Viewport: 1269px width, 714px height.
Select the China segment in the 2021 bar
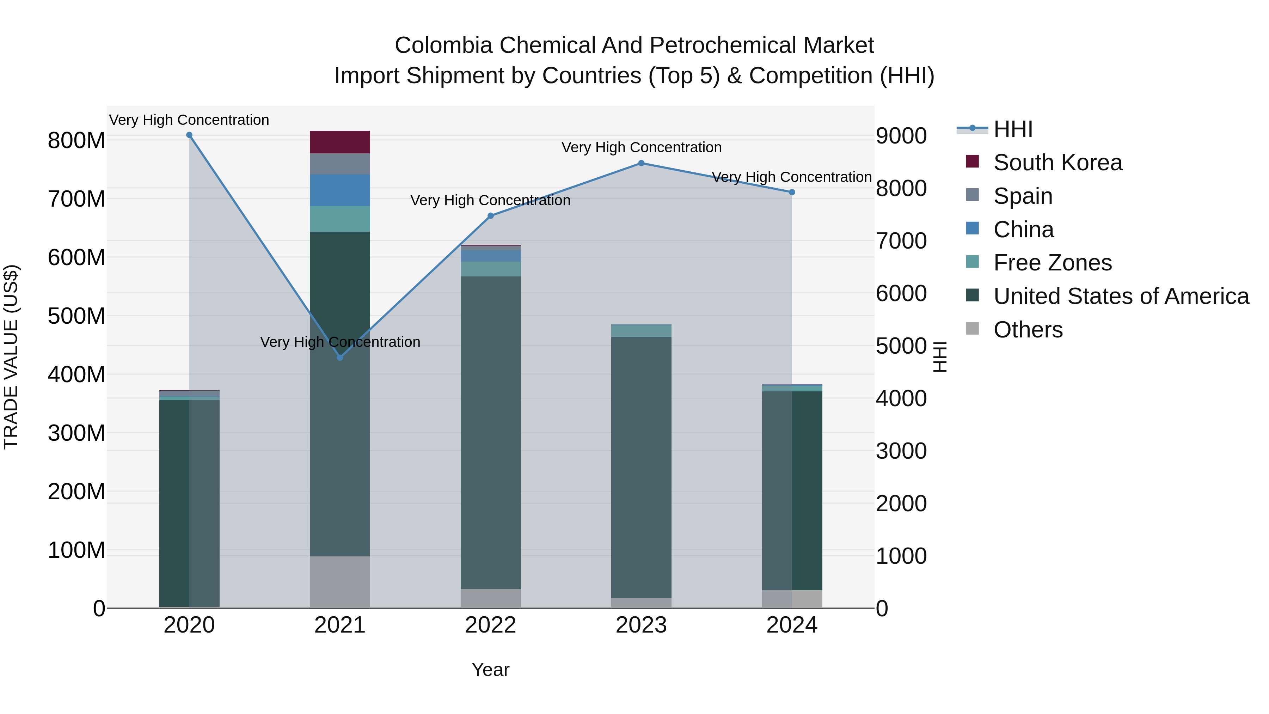tap(339, 190)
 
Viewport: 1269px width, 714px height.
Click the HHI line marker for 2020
tap(189, 135)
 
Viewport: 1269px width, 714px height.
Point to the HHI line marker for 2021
tap(340, 357)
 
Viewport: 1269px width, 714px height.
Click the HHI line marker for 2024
tap(792, 192)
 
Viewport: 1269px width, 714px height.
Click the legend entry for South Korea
tap(1057, 163)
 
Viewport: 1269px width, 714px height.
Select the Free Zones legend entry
tap(1052, 263)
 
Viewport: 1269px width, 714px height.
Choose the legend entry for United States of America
tap(1121, 296)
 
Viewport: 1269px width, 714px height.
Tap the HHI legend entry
tap(1012, 129)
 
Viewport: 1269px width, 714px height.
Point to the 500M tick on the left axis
tap(76, 316)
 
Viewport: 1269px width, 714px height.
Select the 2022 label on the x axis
tap(490, 625)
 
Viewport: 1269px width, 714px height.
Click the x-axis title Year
tap(490, 670)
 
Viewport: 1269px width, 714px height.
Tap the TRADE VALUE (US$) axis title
tap(11, 357)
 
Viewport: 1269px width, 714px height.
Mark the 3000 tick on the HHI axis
tap(901, 451)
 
